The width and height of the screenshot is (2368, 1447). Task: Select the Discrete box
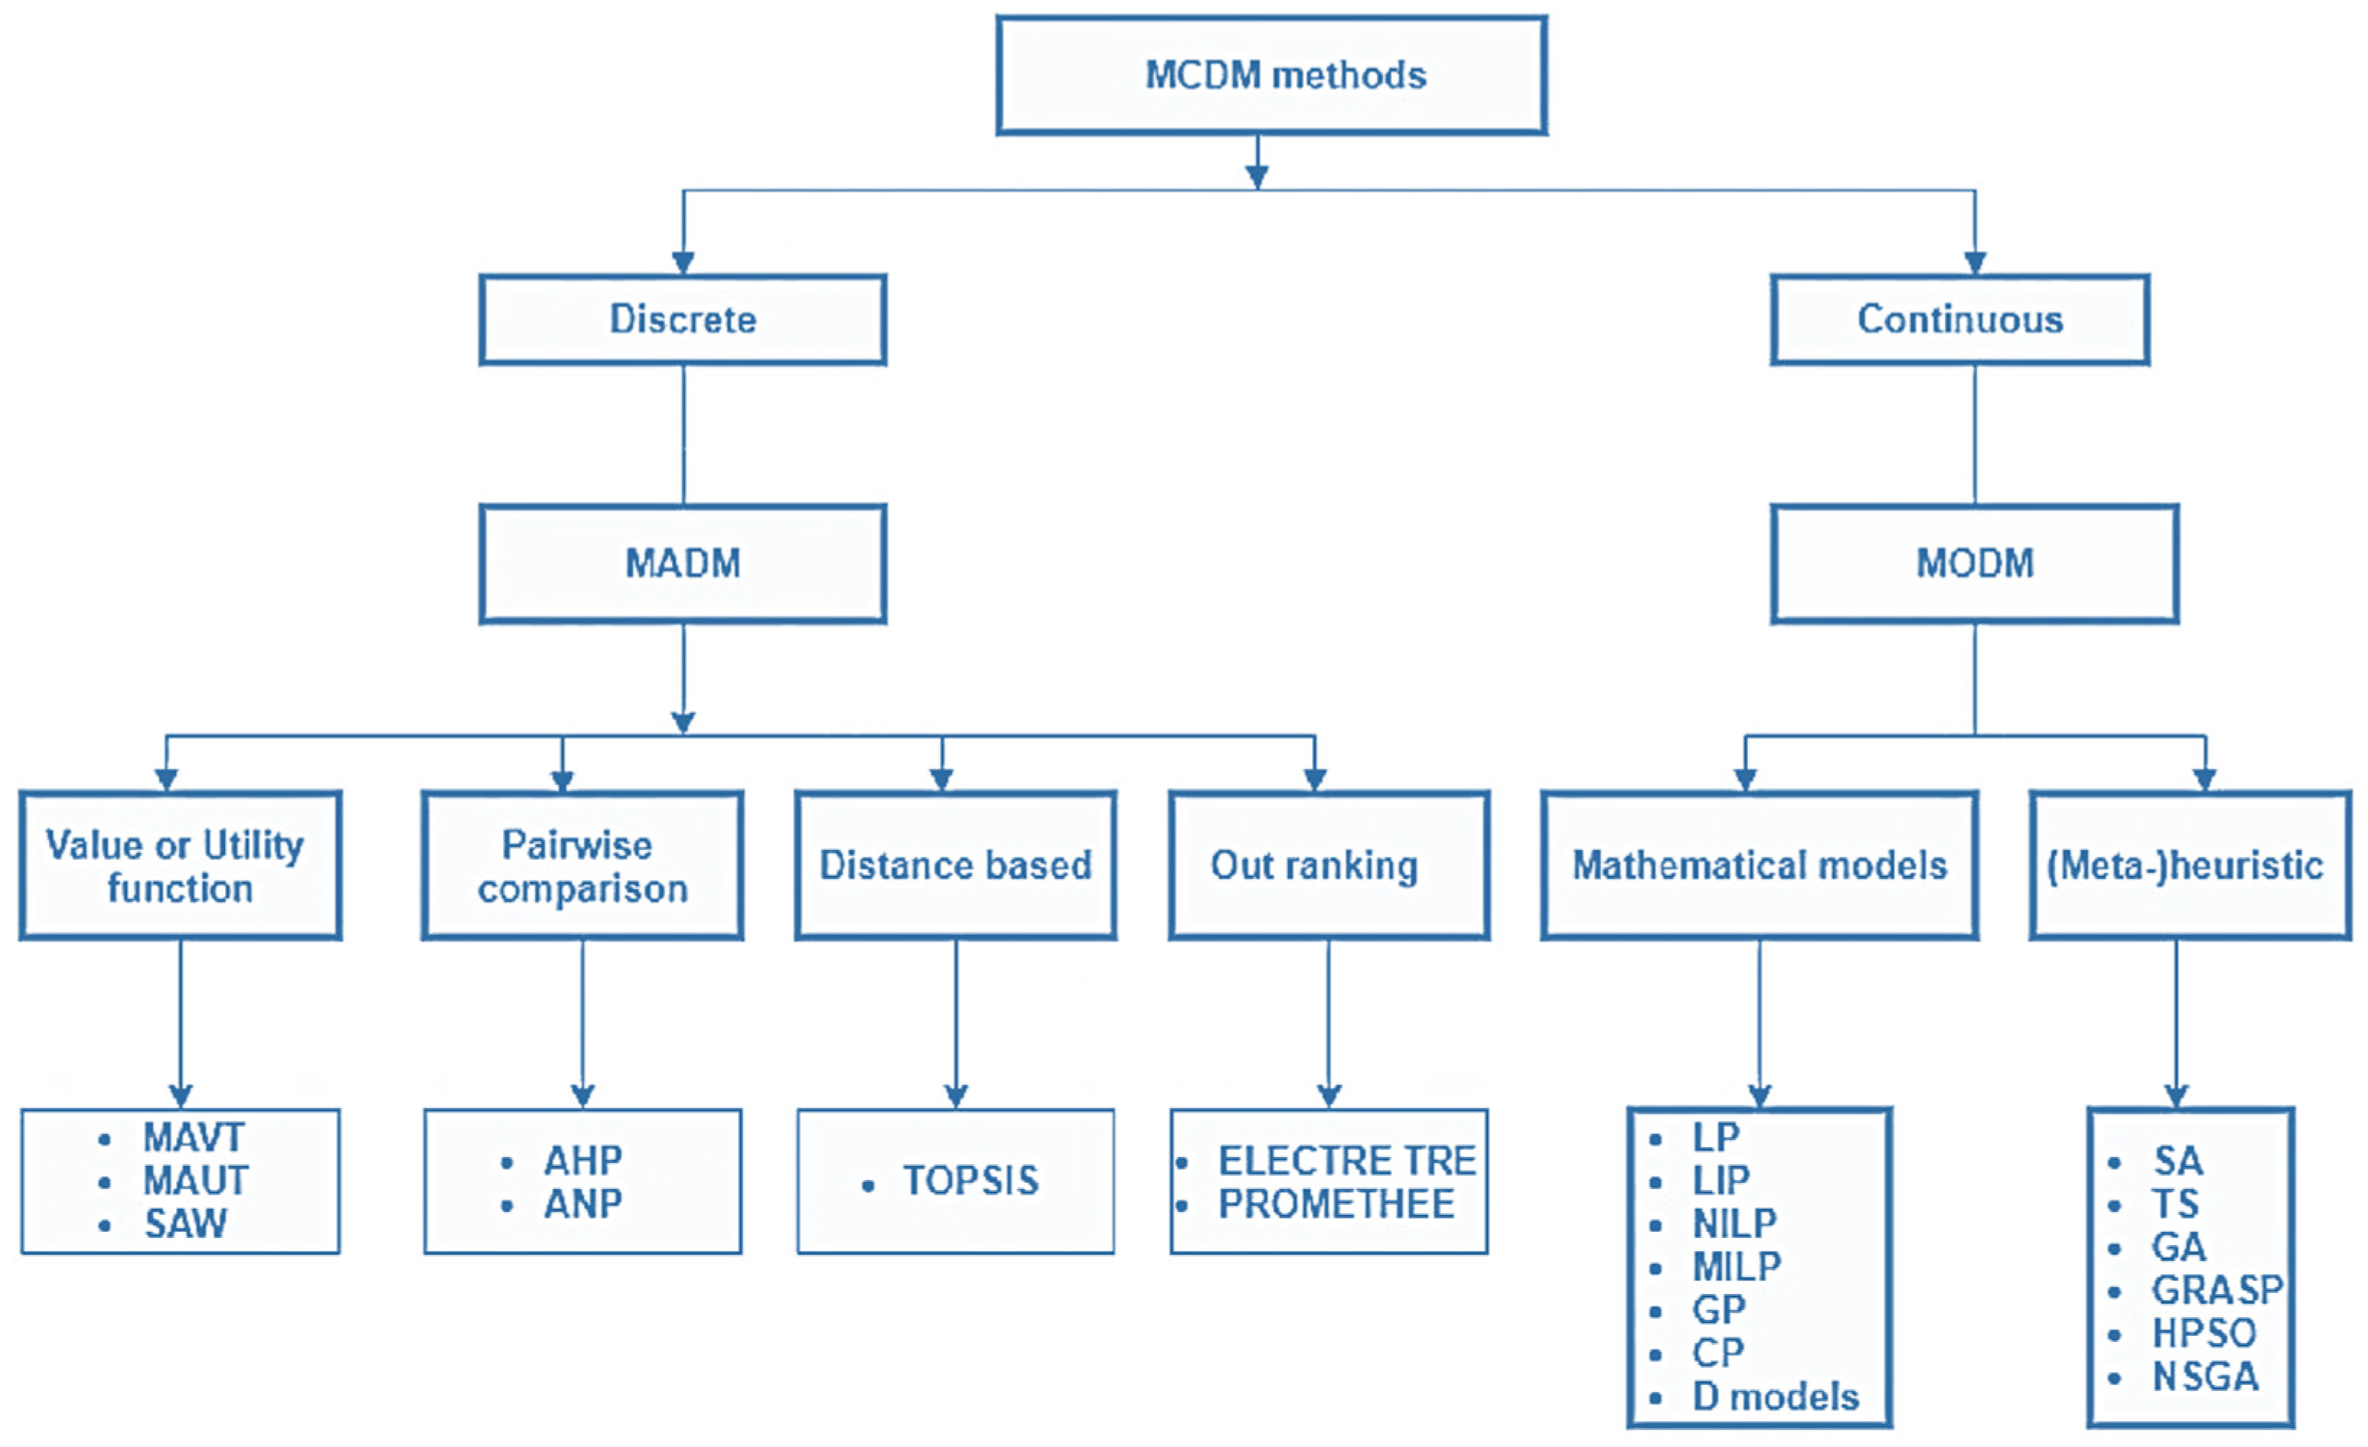683,319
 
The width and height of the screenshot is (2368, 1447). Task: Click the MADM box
683,563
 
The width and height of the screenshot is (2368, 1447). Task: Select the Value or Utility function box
179,865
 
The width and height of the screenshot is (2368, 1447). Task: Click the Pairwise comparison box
582,865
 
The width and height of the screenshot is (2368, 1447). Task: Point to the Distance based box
955,865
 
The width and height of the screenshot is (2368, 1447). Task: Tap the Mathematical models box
1759,865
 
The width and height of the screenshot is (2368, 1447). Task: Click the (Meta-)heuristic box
2189,865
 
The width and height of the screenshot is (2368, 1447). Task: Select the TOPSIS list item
971,1181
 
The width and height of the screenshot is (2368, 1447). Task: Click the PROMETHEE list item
1336,1204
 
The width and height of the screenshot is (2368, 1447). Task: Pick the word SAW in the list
185,1224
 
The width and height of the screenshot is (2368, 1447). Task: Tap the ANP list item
582,1204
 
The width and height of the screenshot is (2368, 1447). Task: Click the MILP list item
1736,1267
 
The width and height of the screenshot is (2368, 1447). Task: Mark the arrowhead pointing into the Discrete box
683,263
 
